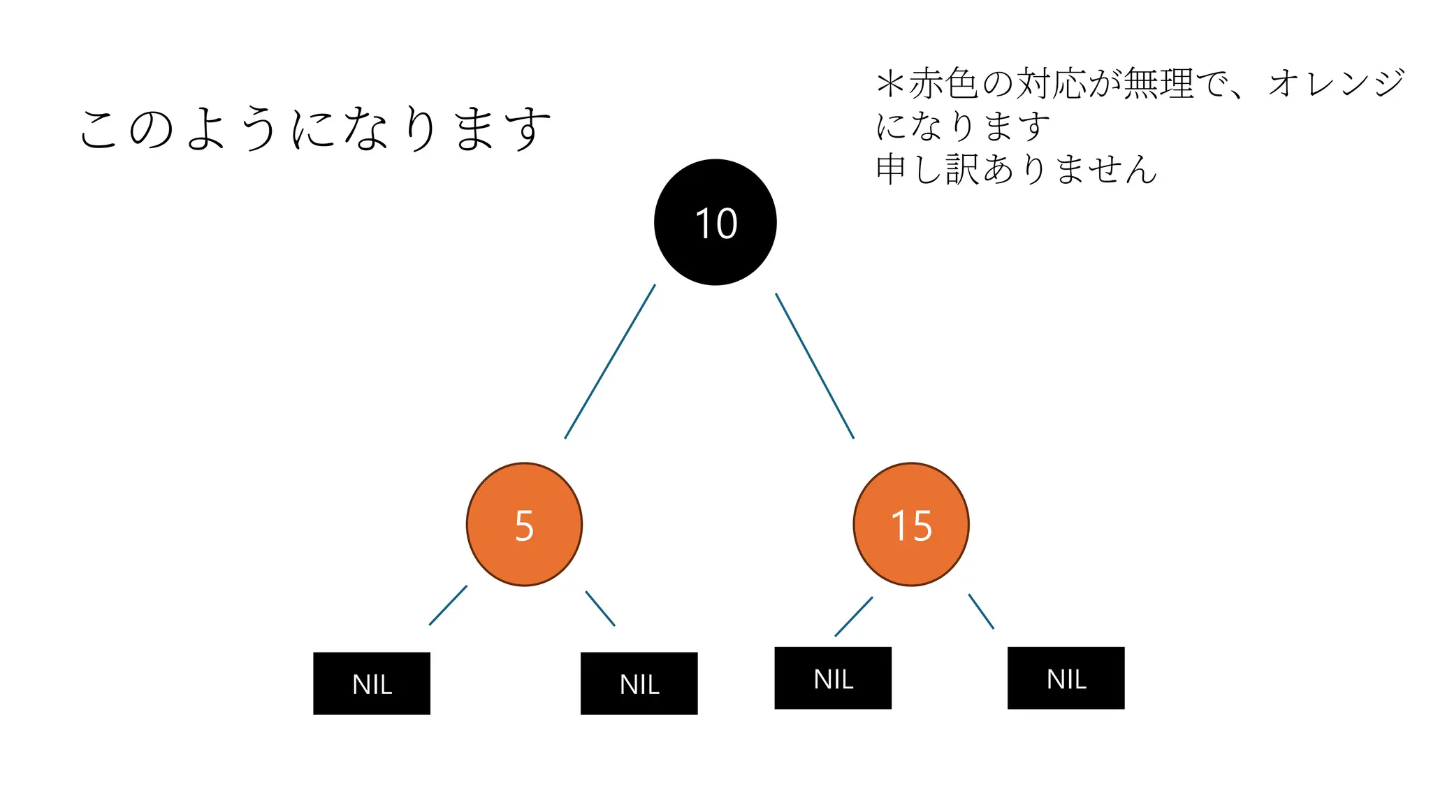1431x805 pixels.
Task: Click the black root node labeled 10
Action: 715,222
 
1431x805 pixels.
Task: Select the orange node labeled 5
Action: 524,524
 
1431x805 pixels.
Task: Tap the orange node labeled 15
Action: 911,524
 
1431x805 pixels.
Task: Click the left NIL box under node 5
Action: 372,683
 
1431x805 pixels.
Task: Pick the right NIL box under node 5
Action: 639,683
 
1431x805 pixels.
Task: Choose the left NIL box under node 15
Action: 833,678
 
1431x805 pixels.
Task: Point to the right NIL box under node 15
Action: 1066,678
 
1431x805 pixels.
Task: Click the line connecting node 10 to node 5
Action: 610,361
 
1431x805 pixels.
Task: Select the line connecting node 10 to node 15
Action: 815,365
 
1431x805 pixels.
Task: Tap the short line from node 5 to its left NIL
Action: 448,605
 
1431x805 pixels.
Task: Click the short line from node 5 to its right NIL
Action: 600,609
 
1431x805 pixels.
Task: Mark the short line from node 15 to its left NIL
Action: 854,616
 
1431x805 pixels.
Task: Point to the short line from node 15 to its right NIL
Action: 981,611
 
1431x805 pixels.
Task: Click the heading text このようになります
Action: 314,129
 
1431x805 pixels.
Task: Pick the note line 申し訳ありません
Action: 1016,170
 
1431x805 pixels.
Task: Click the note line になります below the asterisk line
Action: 963,126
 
